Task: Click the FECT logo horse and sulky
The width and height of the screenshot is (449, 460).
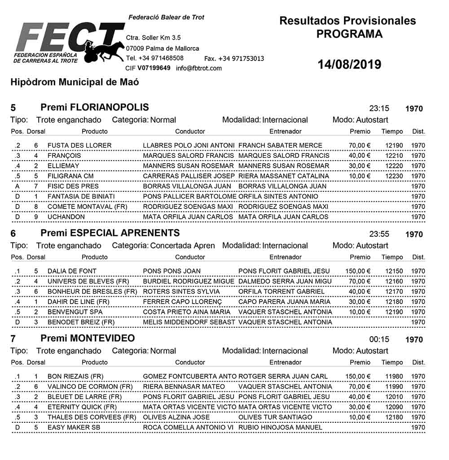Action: [x=104, y=48]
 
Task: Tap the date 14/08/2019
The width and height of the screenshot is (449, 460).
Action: [x=349, y=65]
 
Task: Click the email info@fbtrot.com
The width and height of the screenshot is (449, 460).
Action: [x=199, y=68]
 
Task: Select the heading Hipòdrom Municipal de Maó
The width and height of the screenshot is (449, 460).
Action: [x=75, y=82]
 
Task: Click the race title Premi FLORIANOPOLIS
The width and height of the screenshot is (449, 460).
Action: [x=95, y=108]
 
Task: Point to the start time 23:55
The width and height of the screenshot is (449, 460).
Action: [x=379, y=234]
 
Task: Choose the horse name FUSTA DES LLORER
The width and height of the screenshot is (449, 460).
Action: [x=79, y=145]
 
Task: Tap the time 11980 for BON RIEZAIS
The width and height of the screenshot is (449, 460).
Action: [x=394, y=377]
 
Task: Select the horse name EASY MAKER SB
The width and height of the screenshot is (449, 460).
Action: [x=74, y=428]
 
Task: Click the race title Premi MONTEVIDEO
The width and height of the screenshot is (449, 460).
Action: [x=88, y=338]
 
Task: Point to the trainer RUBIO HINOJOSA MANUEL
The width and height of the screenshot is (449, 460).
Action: [x=280, y=428]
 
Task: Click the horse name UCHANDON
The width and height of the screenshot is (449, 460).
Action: [x=66, y=217]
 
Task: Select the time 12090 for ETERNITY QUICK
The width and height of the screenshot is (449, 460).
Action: [x=394, y=407]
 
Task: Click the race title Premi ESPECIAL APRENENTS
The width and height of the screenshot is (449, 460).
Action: [x=110, y=233]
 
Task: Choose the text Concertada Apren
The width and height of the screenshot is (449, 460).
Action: [x=182, y=246]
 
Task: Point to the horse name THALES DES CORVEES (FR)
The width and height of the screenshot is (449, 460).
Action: [x=92, y=417]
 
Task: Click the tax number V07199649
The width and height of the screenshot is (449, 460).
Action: [x=154, y=68]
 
